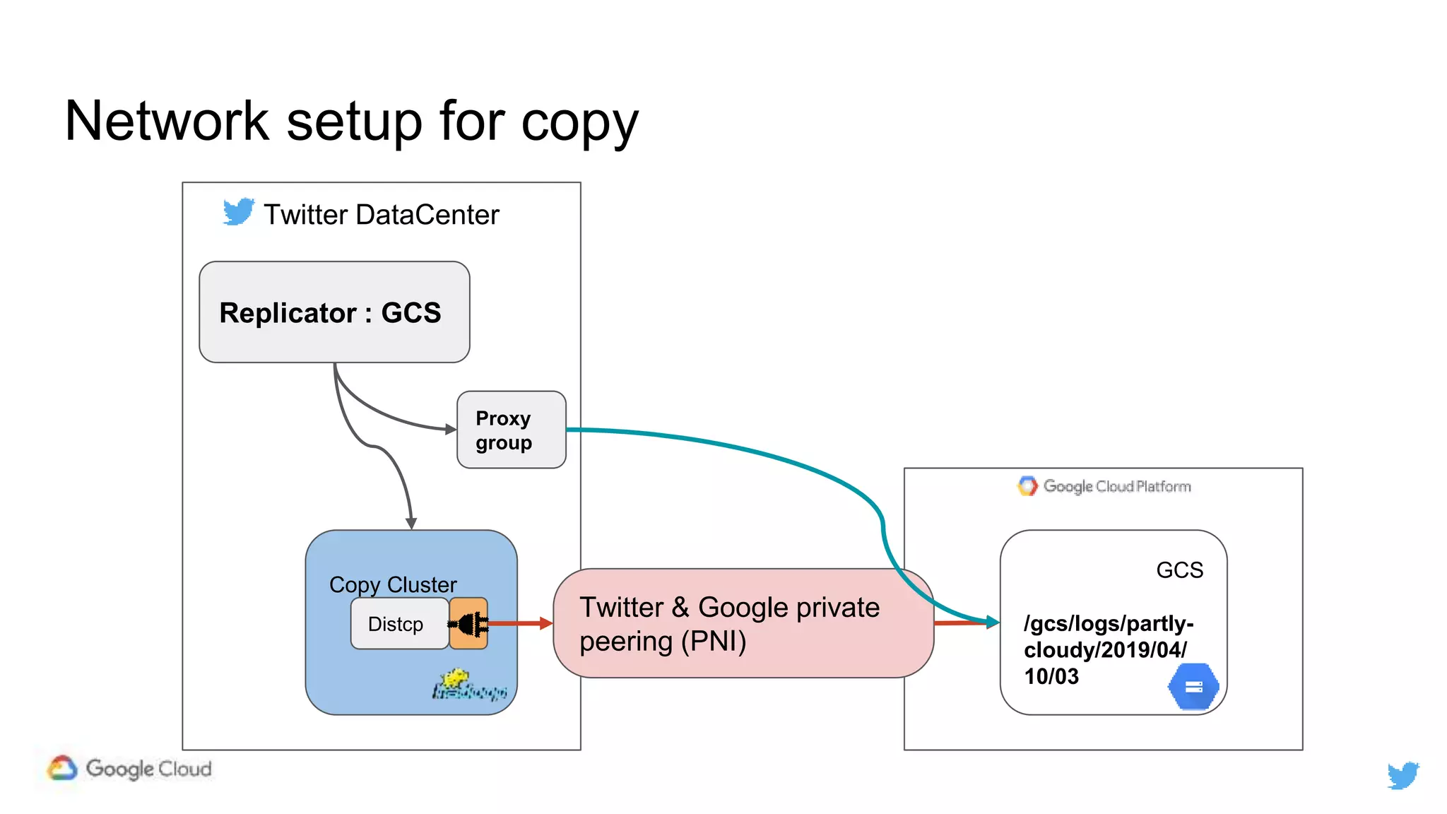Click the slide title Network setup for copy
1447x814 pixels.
pos(351,122)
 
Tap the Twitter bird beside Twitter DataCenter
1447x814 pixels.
pos(238,211)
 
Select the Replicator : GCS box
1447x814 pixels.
pos(334,312)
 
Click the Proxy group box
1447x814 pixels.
pos(511,430)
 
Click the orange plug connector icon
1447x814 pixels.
pos(468,623)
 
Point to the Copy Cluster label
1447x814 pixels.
pos(393,584)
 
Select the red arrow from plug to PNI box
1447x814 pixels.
pos(520,623)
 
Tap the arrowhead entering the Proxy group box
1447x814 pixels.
pos(450,429)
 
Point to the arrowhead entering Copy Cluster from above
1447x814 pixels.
pos(411,523)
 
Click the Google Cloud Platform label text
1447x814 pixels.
pos(1116,486)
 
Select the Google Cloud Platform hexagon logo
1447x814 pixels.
pos(1027,485)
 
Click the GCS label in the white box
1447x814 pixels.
pos(1179,570)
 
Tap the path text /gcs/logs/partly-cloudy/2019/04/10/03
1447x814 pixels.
pos(1108,649)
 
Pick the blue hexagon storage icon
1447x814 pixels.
pos(1193,686)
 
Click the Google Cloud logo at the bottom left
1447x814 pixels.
pos(130,768)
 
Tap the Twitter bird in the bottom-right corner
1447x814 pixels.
pos(1402,775)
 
